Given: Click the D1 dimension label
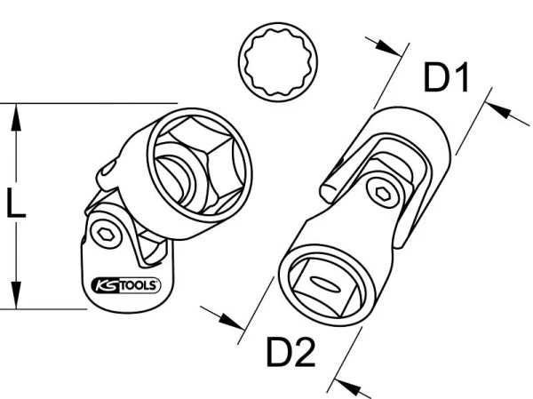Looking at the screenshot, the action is (447, 77).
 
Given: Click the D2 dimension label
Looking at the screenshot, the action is (290, 351).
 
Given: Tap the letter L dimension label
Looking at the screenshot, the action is (16, 203).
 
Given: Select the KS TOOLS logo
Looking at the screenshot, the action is (126, 285).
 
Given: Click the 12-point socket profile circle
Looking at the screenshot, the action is (278, 61).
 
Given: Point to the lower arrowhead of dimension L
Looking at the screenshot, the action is (16, 295).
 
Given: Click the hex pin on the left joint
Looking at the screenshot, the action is (106, 234).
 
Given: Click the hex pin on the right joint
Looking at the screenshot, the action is (383, 193).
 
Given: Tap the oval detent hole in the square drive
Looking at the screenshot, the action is (325, 283).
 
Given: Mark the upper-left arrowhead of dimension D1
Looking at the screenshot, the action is (388, 47).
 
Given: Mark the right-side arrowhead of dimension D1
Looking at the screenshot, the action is (499, 108).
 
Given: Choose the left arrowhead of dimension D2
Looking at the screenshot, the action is (232, 321).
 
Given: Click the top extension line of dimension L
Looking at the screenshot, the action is (89, 103).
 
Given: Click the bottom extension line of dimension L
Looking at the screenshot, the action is (44, 309).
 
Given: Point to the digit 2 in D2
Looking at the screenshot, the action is (304, 351).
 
